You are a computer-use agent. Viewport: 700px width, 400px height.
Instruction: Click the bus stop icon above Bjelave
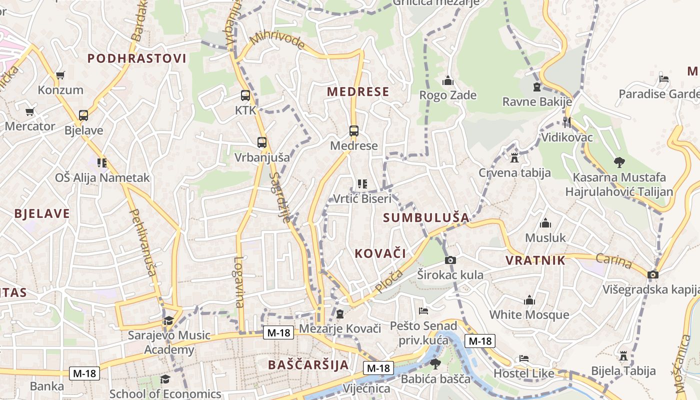[83, 115]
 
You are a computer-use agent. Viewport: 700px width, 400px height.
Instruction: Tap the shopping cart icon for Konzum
[60, 75]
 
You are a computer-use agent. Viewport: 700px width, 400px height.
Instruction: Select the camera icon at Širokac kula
[450, 260]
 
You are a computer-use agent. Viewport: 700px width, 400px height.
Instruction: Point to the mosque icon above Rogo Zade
[447, 80]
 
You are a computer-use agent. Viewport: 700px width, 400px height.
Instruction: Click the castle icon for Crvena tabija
[514, 158]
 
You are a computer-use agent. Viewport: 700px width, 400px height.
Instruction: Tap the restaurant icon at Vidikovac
[566, 122]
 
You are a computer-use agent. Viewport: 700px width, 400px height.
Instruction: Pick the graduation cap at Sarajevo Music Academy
[168, 320]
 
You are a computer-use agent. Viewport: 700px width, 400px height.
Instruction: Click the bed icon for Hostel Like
[523, 358]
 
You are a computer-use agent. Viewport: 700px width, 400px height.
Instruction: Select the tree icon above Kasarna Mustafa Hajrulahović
[619, 162]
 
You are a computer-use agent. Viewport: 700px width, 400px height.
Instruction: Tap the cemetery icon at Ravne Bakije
[537, 87]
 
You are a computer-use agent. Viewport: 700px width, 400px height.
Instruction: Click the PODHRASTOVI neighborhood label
[137, 58]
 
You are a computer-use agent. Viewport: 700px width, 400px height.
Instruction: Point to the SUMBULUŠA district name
[426, 217]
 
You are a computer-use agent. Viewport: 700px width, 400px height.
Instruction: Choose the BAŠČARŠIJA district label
[308, 364]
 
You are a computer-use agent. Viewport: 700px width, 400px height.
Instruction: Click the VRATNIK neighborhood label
[535, 260]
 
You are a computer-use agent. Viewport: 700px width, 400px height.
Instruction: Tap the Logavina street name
[239, 282]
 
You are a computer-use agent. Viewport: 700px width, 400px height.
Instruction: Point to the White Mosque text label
[529, 314]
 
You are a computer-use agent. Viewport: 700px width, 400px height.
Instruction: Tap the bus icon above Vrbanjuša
[262, 142]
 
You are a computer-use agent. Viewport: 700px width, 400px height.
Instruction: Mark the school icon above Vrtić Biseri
[362, 184]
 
